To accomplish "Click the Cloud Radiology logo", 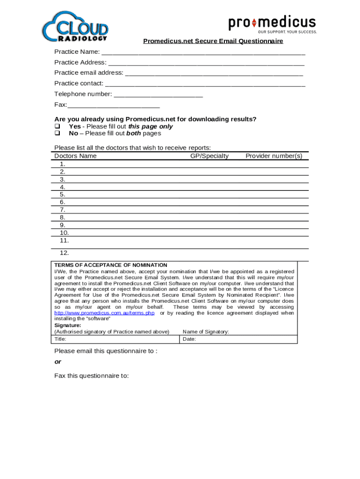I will [x=75, y=27].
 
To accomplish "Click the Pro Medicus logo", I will [x=272, y=24].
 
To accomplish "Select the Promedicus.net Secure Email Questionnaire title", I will [x=213, y=41].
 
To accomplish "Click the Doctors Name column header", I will [x=75, y=156].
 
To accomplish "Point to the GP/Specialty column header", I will [x=209, y=156].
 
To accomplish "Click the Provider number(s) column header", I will [x=274, y=156].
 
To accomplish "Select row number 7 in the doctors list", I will [x=62, y=210].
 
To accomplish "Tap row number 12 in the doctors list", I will [x=64, y=253].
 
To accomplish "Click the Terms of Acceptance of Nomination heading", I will [x=110, y=265].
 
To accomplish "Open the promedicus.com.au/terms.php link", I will [x=104, y=313].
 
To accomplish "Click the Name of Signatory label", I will [x=206, y=332].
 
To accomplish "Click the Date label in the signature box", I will [x=189, y=339].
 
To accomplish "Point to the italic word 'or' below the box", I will [x=58, y=362].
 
